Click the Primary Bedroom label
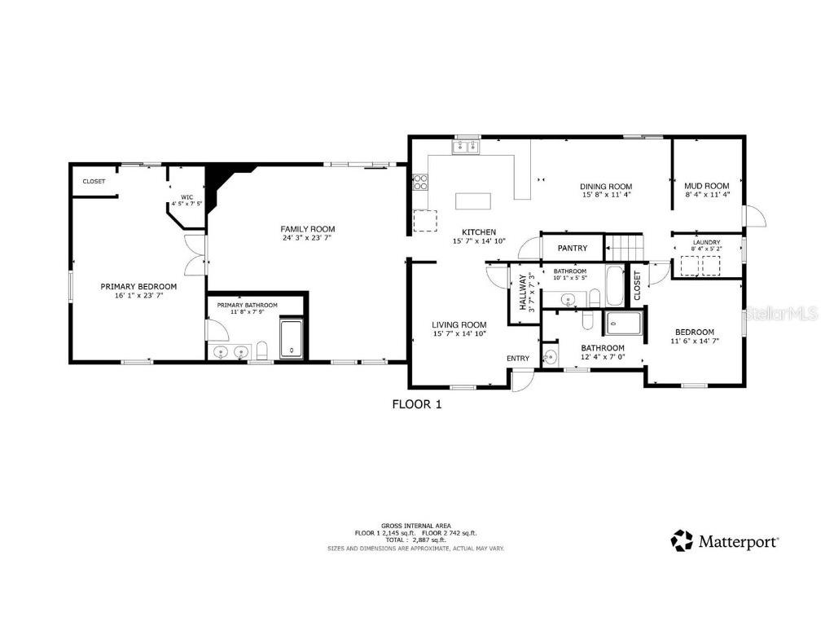click(x=138, y=286)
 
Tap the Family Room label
click(x=308, y=229)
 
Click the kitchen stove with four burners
click(x=420, y=181)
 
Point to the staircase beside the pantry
click(x=624, y=245)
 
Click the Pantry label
click(x=573, y=248)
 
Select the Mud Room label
click(x=706, y=186)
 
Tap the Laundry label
click(x=706, y=242)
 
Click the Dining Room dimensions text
click(x=607, y=195)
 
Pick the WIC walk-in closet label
click(x=187, y=196)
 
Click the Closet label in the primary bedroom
click(x=94, y=181)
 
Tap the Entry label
click(x=518, y=358)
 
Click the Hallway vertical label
click(x=523, y=292)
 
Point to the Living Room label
click(x=459, y=324)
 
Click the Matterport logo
click(x=724, y=540)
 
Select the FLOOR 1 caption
click(x=416, y=403)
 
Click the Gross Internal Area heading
click(x=415, y=526)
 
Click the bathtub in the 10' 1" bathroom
click(x=614, y=285)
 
